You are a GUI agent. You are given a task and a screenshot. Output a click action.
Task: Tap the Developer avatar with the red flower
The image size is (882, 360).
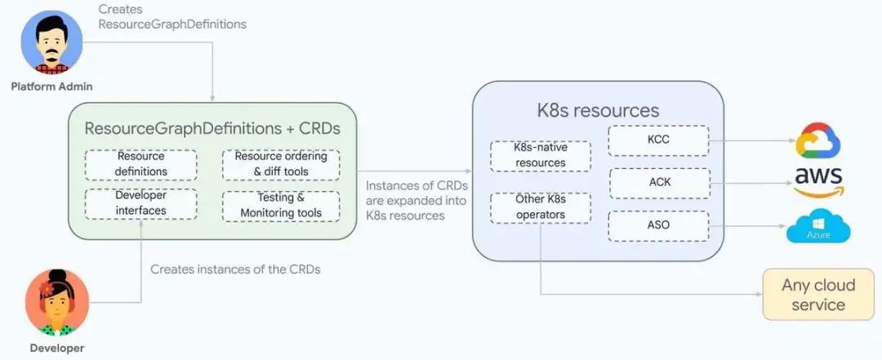pos(57,303)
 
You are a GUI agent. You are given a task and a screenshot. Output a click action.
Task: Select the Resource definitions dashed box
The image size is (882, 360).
pos(140,164)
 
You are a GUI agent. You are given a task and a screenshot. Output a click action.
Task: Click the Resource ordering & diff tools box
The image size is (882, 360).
pos(281,164)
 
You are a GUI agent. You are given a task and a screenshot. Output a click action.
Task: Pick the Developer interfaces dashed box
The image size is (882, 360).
pos(140,203)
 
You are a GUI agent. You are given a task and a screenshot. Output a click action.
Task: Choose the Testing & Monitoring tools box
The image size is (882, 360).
pos(281,206)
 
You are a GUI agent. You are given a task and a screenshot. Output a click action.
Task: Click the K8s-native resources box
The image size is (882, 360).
pos(540,156)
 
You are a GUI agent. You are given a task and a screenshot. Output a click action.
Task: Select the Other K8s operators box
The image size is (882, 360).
pos(540,207)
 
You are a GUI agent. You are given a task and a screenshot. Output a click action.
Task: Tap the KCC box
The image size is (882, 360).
pos(659,140)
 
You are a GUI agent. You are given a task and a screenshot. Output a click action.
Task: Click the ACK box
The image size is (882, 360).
pos(660,183)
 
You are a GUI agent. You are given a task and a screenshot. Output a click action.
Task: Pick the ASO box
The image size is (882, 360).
pos(659,226)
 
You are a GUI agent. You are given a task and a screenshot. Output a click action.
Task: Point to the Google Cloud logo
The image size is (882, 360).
pos(817,140)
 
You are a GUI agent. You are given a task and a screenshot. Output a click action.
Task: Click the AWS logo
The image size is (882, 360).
pos(818,183)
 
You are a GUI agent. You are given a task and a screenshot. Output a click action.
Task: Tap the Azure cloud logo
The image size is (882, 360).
pos(818,227)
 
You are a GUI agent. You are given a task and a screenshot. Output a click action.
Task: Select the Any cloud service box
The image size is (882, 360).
pos(818,295)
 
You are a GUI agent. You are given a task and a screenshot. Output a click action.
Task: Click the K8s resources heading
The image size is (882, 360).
pos(598,110)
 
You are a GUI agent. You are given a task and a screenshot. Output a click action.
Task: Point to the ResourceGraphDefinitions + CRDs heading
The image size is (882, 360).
pos(212,128)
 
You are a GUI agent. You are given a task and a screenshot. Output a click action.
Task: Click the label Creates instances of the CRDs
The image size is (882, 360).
pos(235,269)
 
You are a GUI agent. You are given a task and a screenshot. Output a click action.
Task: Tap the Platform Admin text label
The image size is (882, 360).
pos(51,87)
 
